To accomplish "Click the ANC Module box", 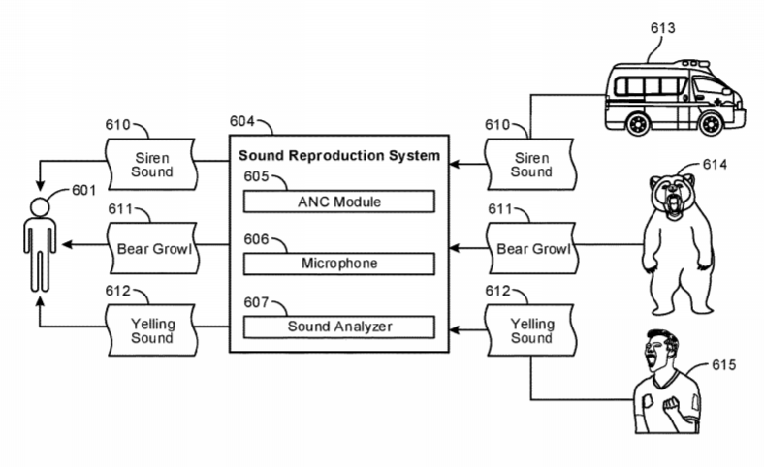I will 338,202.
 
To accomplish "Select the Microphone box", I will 338,264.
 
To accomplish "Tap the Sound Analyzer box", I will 338,327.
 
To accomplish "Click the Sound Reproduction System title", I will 339,155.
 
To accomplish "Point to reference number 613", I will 663,28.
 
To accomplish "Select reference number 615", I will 723,365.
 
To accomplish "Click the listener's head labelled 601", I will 40,207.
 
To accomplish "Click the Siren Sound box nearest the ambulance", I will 530,164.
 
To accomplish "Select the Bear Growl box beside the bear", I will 530,249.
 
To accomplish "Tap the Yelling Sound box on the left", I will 152,330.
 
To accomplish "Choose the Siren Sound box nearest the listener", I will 152,164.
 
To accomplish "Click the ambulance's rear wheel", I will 638,123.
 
